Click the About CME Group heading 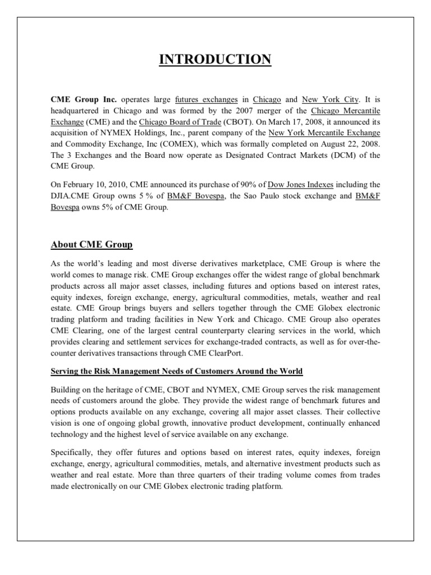91,245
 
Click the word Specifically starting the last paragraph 74,451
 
